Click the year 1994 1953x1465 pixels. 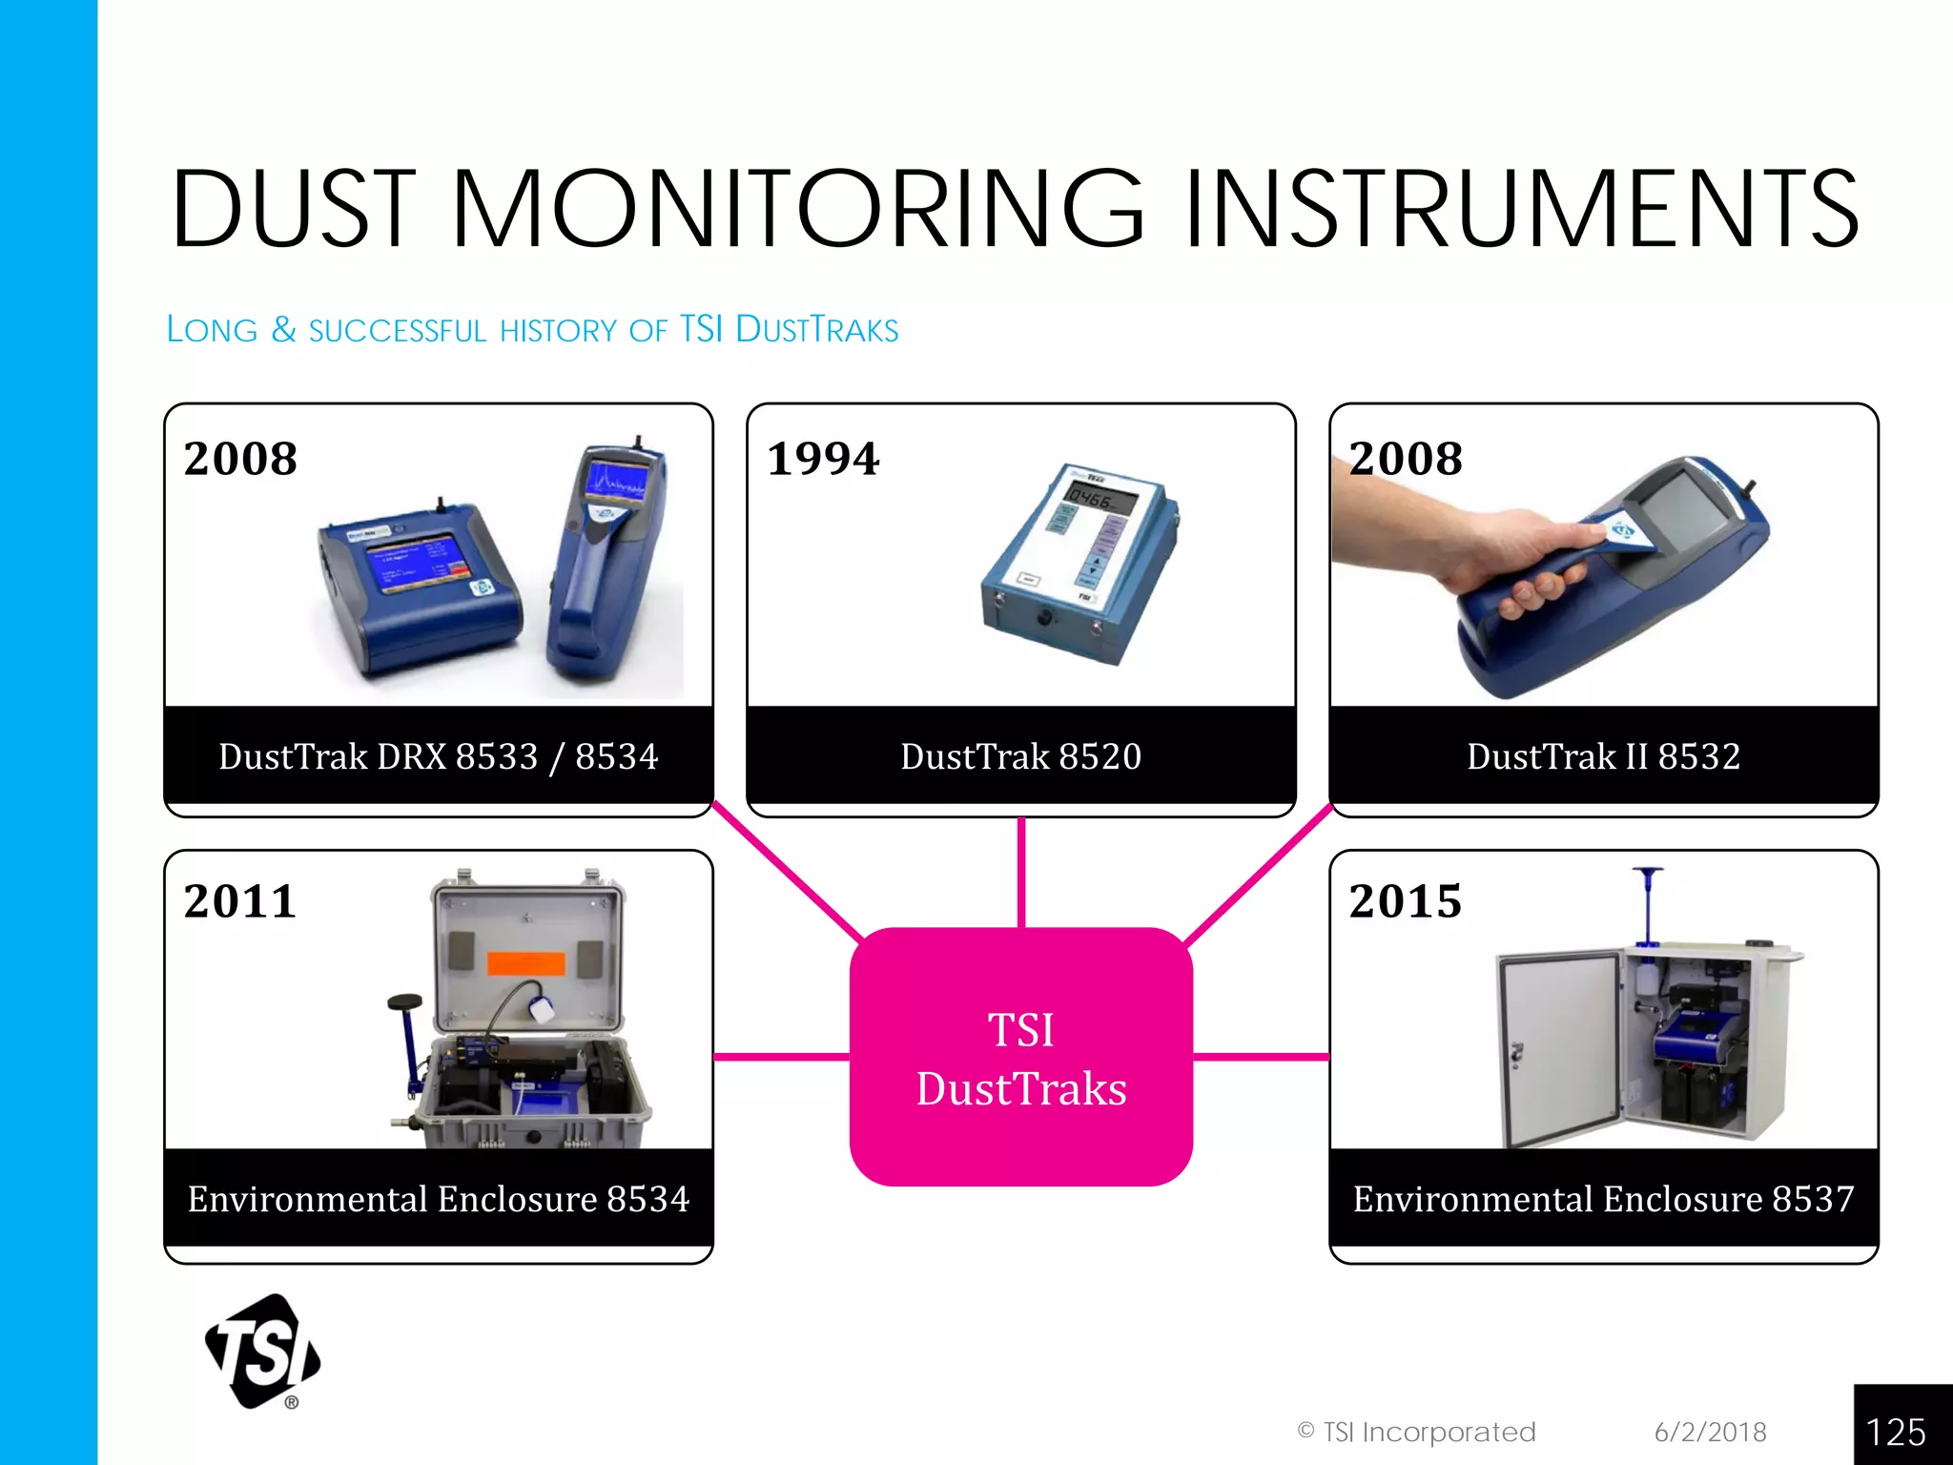click(x=823, y=459)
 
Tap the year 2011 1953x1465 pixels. click(x=240, y=901)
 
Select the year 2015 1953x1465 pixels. click(x=1405, y=901)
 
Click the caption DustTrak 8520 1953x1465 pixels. click(x=1020, y=756)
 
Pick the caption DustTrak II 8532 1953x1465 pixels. click(x=1603, y=756)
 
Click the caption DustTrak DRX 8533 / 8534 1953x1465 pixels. click(x=438, y=756)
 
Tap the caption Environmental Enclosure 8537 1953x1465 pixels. click(x=1603, y=1199)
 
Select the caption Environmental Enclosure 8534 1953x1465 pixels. click(x=438, y=1199)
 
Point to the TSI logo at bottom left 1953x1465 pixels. click(x=263, y=1351)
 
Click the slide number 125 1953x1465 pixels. click(x=1896, y=1432)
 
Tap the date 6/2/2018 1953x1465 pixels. click(x=1710, y=1432)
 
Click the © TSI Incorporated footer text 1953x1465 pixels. click(x=1416, y=1432)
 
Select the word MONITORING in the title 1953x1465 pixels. click(x=796, y=208)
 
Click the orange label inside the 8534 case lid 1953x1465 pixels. click(x=525, y=962)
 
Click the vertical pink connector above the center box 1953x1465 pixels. click(x=1020, y=872)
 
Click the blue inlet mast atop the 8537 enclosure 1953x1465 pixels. click(x=1647, y=906)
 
